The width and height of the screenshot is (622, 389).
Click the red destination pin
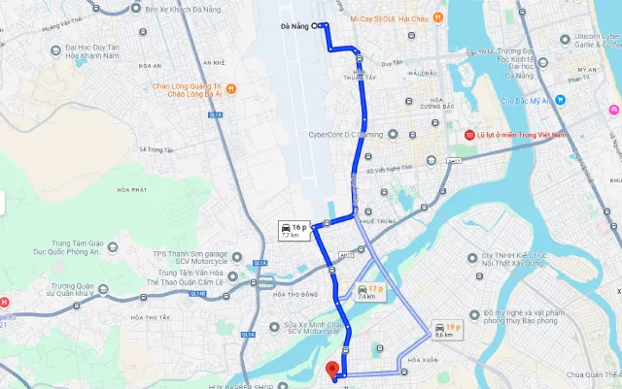pyautogui.click(x=332, y=370)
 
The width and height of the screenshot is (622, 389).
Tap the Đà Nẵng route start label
pyautogui.click(x=294, y=26)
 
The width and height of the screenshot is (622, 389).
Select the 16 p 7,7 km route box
pyautogui.click(x=293, y=230)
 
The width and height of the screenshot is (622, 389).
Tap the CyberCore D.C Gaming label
pyautogui.click(x=345, y=135)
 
